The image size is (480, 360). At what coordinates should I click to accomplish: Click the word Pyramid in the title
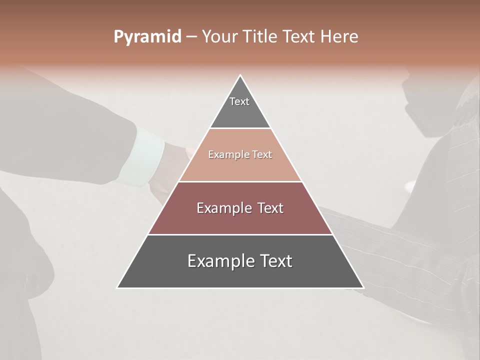coord(147,37)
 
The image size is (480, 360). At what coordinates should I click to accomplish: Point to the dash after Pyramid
coord(191,37)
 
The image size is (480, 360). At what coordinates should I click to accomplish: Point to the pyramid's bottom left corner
coord(118,287)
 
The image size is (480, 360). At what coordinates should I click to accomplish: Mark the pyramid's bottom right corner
coord(363,287)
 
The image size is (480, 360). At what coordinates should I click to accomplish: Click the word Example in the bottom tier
coord(219,261)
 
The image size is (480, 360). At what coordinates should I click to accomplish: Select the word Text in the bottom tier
coord(274,261)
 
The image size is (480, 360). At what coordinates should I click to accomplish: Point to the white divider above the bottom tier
coord(240,234)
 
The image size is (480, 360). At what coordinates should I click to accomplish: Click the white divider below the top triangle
coord(240,128)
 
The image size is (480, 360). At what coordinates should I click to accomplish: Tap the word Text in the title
coord(298,36)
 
